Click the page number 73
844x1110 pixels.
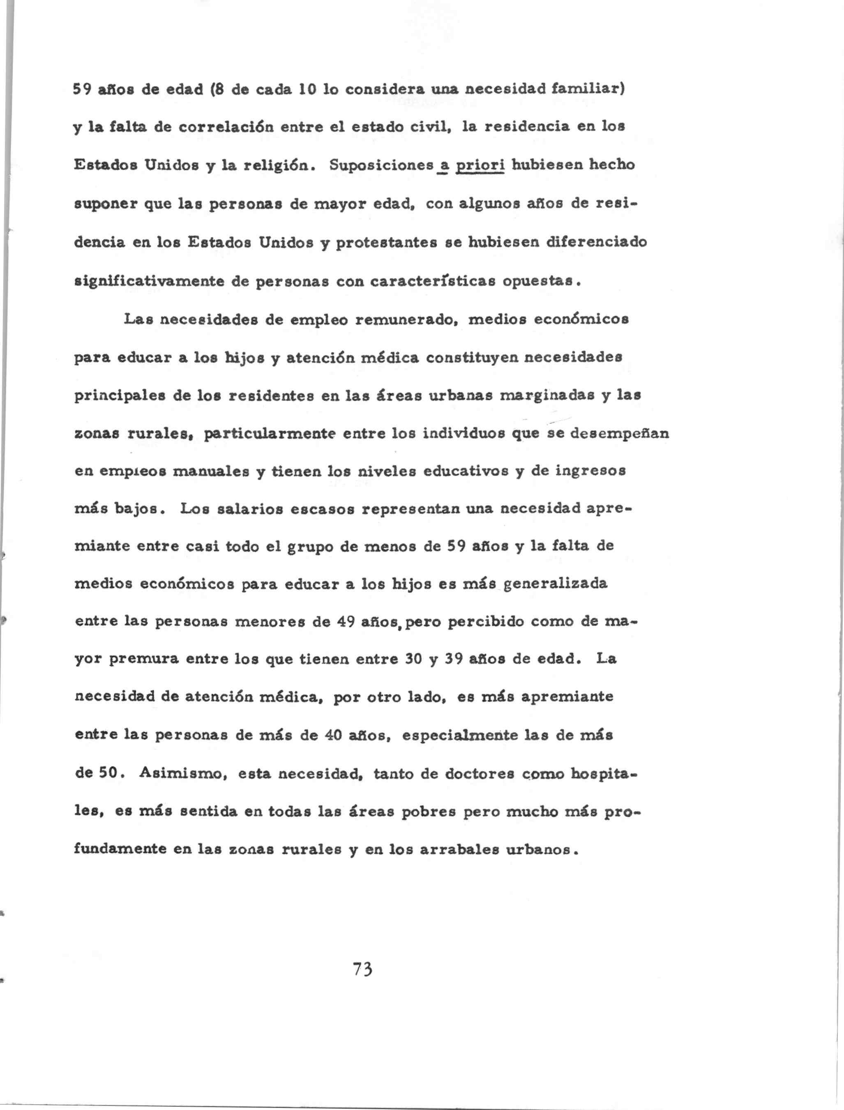(x=362, y=968)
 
